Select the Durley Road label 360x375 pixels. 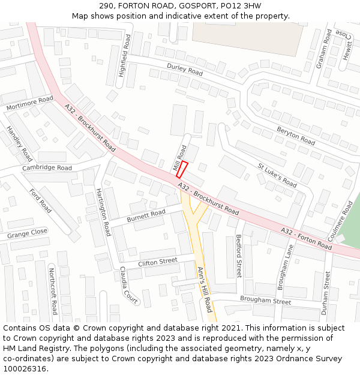click(x=185, y=70)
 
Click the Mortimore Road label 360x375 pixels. click(x=29, y=103)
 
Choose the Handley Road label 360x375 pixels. click(x=19, y=143)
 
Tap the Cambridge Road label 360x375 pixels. click(x=47, y=168)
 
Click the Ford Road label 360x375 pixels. click(x=41, y=200)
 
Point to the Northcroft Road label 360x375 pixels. click(x=53, y=290)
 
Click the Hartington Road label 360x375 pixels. click(x=103, y=212)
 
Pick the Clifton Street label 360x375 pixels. click(x=158, y=262)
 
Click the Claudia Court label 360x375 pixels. click(x=128, y=285)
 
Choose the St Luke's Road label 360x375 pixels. click(x=277, y=175)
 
